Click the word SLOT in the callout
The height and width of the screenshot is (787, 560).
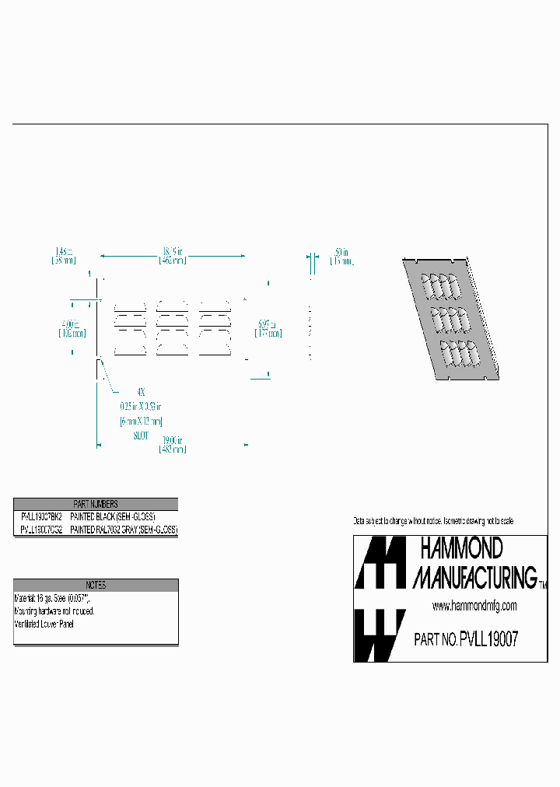pyautogui.click(x=139, y=436)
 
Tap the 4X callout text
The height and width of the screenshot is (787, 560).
pyautogui.click(x=140, y=391)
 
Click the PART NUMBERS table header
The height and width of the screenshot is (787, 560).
pyautogui.click(x=96, y=504)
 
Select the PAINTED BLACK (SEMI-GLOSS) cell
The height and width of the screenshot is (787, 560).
pyautogui.click(x=113, y=517)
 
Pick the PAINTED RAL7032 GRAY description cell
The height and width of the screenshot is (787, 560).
pyautogui.click(x=123, y=530)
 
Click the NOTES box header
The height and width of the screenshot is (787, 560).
pyautogui.click(x=96, y=585)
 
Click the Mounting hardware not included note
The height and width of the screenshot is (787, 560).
pyautogui.click(x=54, y=611)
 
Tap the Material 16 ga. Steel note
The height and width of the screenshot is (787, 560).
pyautogui.click(x=52, y=599)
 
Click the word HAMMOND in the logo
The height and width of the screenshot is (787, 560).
pyautogui.click(x=461, y=549)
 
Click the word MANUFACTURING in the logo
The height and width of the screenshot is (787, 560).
pyautogui.click(x=474, y=577)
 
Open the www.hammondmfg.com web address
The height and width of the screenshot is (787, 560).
pyautogui.click(x=474, y=606)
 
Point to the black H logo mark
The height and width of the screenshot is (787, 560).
pyautogui.click(x=380, y=562)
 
